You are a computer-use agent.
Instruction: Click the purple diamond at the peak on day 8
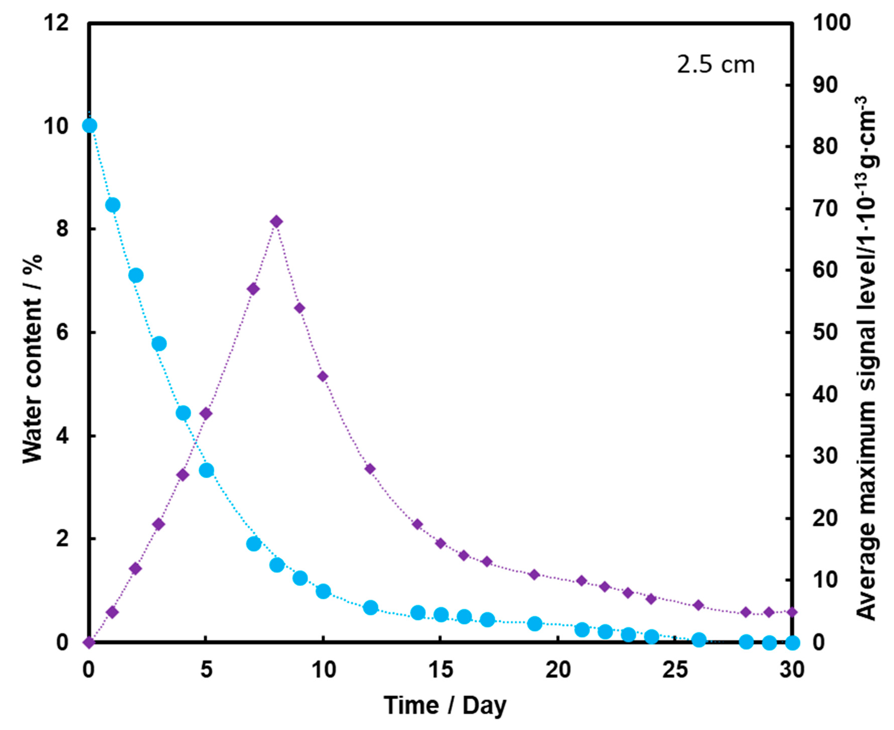coord(276,222)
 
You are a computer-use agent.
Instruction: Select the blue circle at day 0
coord(89,125)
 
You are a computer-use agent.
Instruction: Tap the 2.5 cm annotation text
coord(715,65)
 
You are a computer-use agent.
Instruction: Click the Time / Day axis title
coord(445,705)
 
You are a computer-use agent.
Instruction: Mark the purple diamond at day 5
coord(205,413)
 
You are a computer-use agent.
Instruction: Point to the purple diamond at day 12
coord(370,469)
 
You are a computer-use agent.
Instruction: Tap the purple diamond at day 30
coord(792,612)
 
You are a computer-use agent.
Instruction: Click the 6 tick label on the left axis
coord(62,333)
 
